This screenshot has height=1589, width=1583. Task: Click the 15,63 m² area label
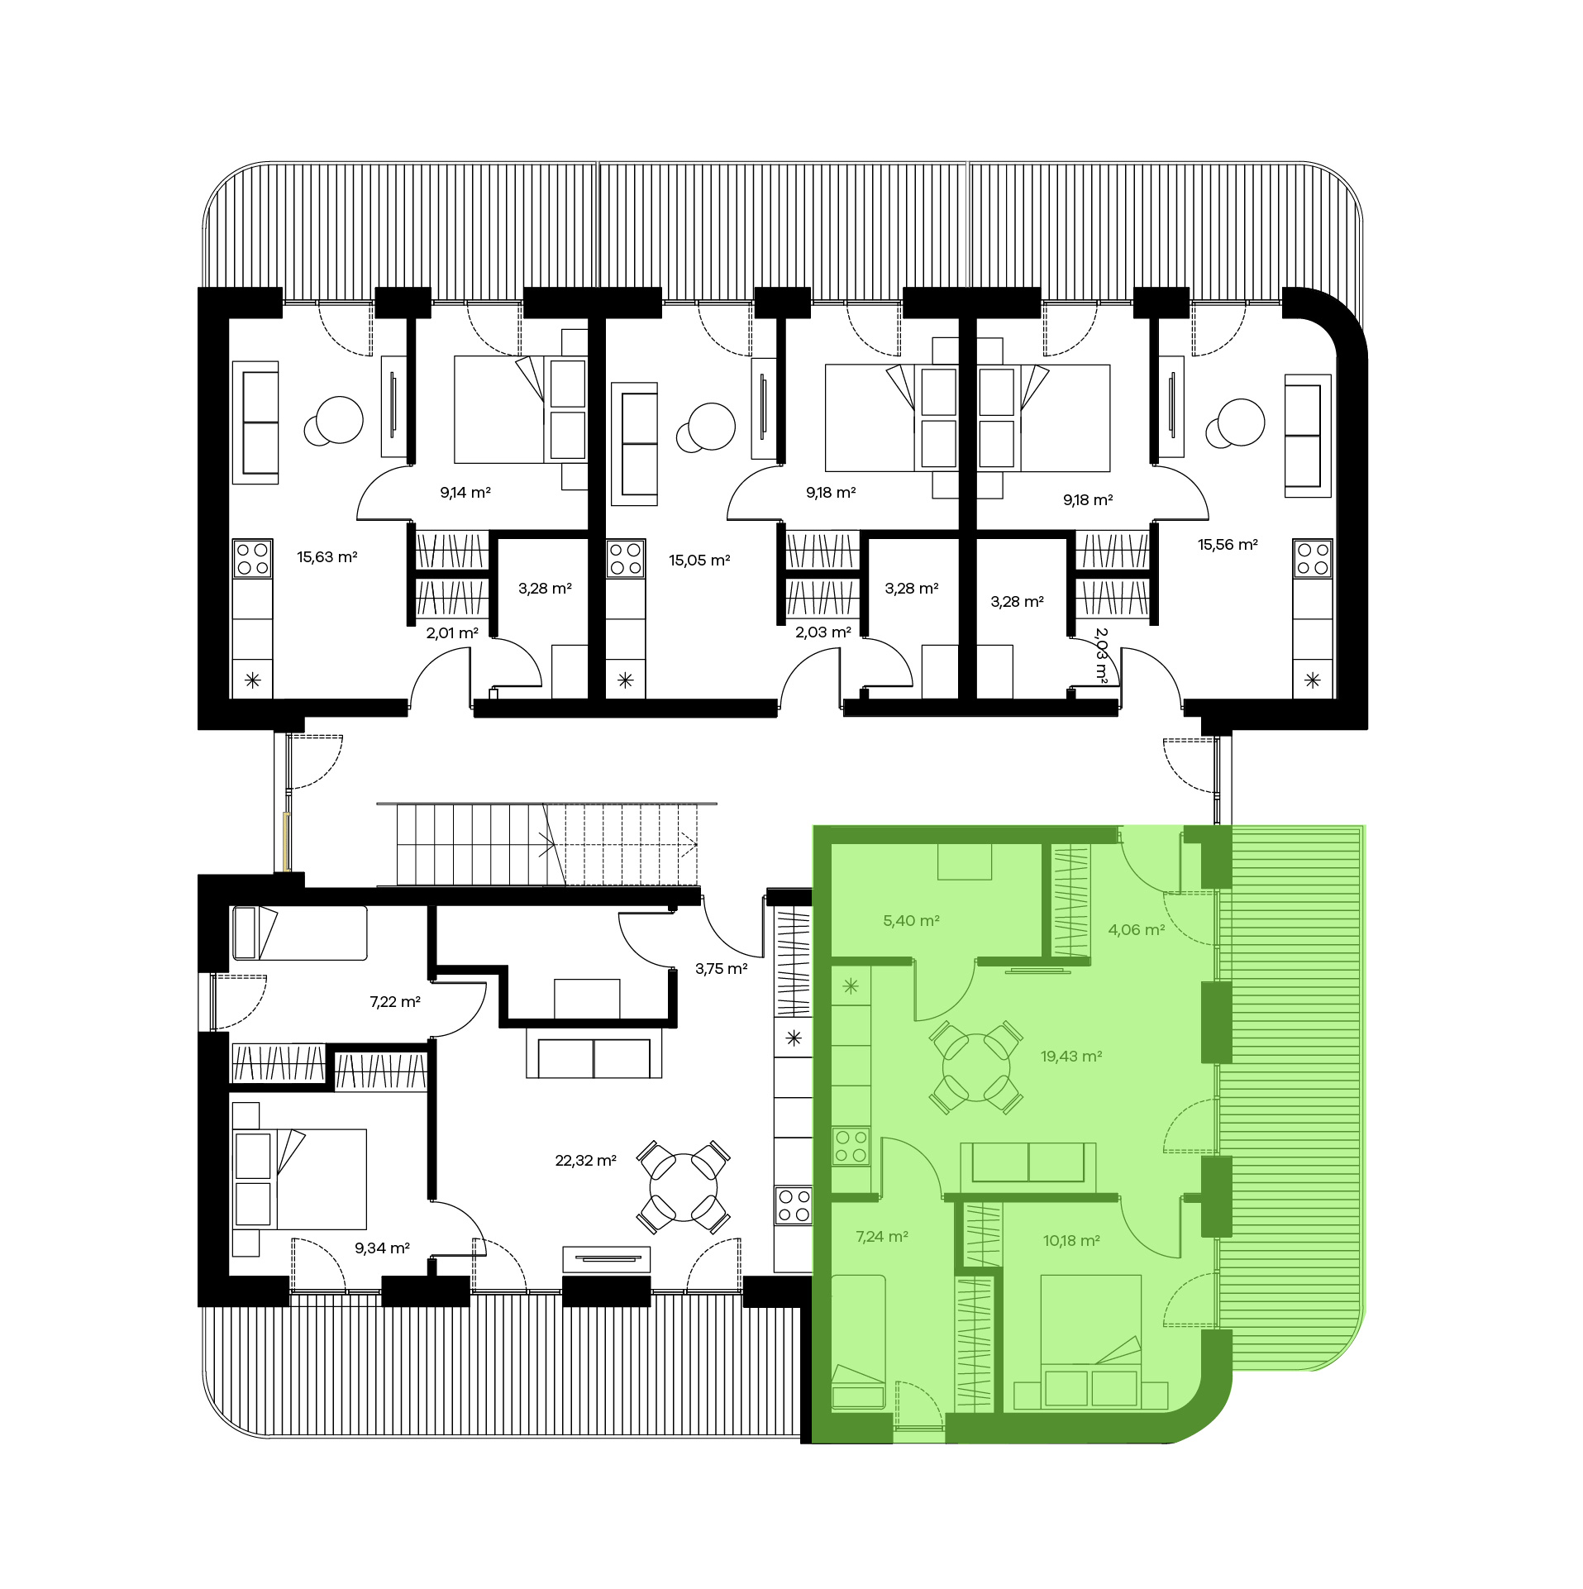point(327,557)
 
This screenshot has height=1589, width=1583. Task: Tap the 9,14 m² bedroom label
point(465,493)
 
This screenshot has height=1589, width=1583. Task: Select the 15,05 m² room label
point(699,561)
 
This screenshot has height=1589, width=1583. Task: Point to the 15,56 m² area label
point(1228,545)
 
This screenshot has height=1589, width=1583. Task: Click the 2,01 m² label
point(452,633)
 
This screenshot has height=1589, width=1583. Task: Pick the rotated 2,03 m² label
point(1101,654)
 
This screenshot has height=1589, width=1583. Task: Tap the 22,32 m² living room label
point(586,1161)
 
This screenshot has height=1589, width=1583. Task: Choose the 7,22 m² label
point(395,1002)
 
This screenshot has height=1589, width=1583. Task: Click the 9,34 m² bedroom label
point(383,1248)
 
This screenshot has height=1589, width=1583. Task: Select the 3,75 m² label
point(722,969)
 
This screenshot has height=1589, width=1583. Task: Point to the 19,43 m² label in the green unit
point(1071,1057)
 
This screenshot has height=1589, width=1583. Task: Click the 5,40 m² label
point(912,921)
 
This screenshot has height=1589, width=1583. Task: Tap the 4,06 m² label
point(1137,930)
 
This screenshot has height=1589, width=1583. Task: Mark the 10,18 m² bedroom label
point(1071,1241)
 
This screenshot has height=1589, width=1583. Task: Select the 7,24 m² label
point(882,1237)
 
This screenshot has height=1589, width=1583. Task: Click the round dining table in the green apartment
point(976,1067)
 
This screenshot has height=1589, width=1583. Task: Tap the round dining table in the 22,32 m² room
point(684,1188)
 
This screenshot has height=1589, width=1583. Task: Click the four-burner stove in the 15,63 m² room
point(253,558)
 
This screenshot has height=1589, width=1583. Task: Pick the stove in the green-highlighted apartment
point(851,1147)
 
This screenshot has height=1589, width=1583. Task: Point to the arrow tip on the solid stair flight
point(555,844)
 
